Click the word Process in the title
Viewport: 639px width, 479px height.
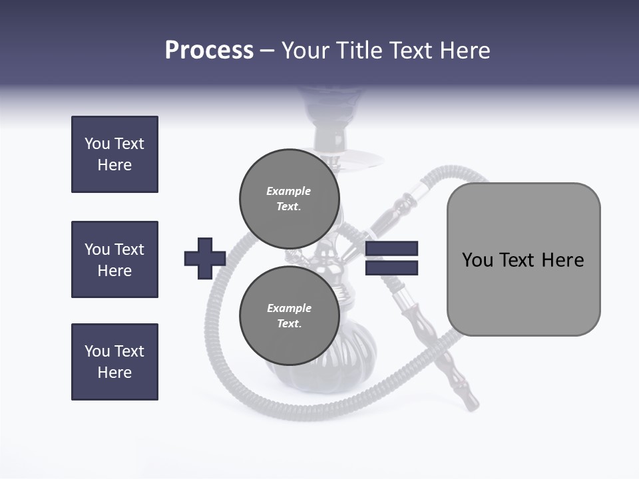(209, 51)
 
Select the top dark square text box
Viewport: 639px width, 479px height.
(114, 154)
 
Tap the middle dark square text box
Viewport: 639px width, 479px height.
(114, 259)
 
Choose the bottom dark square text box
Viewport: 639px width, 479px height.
(114, 362)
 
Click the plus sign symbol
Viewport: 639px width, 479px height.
(205, 258)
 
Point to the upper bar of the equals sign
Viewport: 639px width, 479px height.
(391, 248)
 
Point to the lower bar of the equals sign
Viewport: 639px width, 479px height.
(391, 268)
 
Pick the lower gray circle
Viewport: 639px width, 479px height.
(290, 315)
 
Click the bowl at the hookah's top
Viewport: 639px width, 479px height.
(330, 106)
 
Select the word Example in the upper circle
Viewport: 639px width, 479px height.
(289, 191)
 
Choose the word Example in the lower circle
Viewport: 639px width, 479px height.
(289, 308)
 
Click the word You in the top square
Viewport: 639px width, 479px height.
(97, 144)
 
